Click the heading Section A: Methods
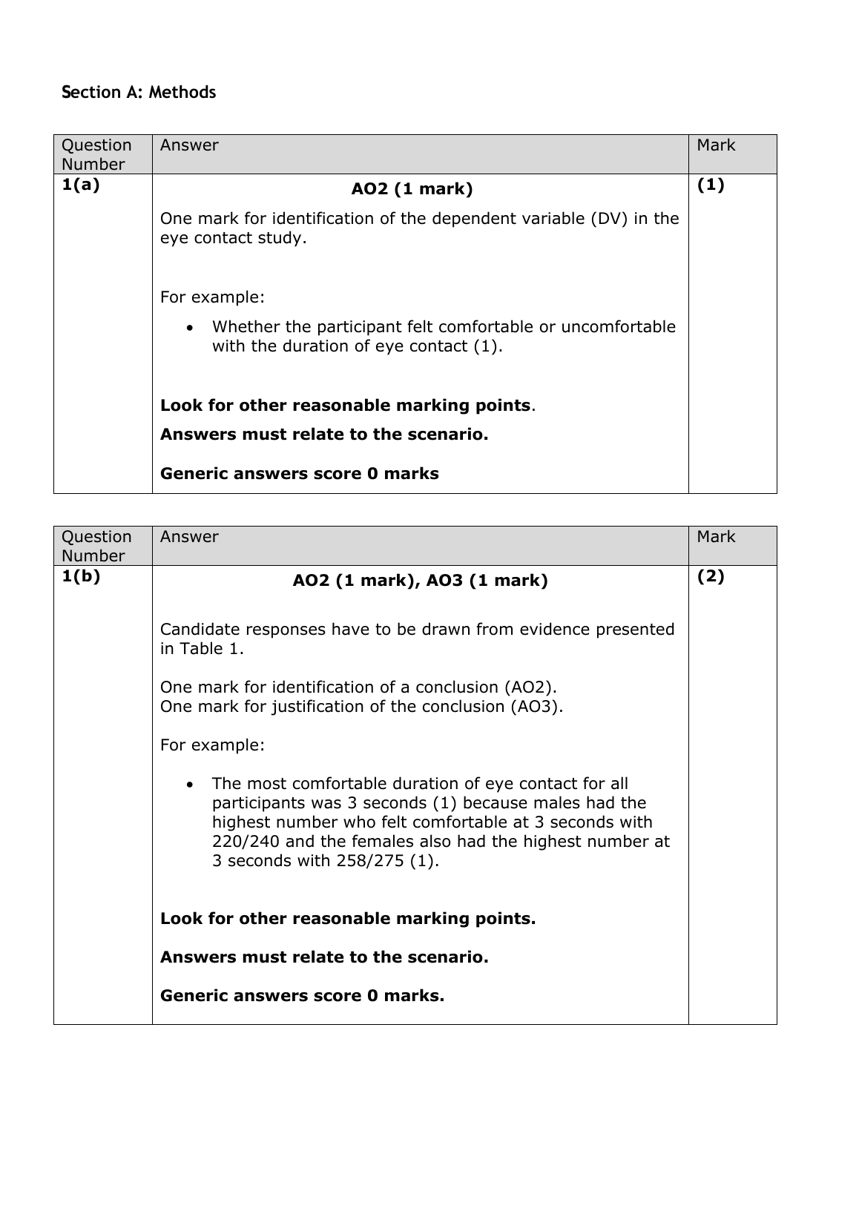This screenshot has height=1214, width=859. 139,93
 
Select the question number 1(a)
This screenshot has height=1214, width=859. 80,185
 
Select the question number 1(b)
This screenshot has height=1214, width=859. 80,576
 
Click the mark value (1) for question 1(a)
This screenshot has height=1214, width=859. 711,185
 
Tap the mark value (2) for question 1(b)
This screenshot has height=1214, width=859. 711,576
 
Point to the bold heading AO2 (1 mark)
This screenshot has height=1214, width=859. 412,189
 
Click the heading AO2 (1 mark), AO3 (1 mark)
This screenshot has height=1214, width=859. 420,581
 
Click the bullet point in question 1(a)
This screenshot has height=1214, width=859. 191,328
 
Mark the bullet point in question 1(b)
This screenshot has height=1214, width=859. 191,785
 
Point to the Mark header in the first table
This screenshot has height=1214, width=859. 716,145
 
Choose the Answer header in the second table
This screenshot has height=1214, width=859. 189,537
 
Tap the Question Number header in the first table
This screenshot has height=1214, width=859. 96,154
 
